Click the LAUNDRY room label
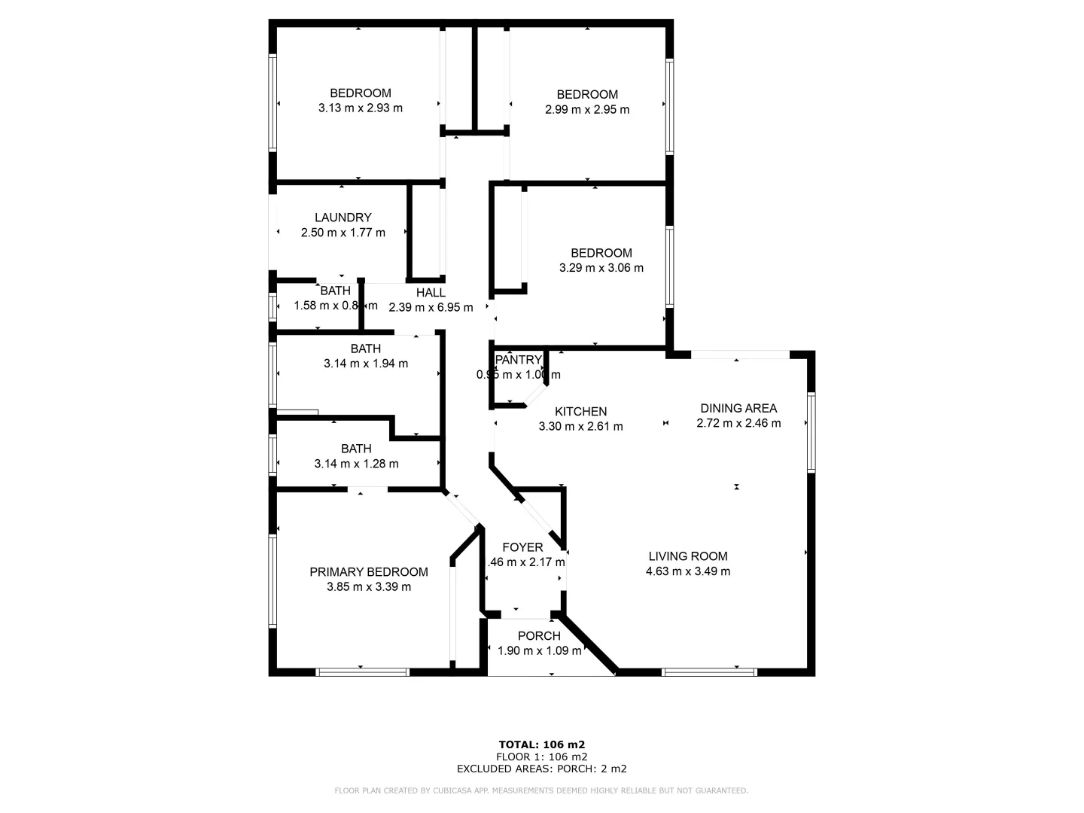[x=343, y=218]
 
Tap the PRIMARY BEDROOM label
[x=369, y=572]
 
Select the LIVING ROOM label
[x=688, y=556]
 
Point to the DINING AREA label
[x=738, y=408]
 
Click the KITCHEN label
[x=580, y=412]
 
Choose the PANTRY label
[x=519, y=360]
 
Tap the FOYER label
[x=522, y=547]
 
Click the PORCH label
[x=539, y=636]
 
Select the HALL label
[x=431, y=292]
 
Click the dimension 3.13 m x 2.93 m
[x=361, y=108]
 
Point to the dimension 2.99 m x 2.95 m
[x=587, y=109]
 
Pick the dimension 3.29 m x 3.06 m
[x=601, y=267]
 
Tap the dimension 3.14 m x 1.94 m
[x=366, y=364]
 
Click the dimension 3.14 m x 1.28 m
[x=356, y=464]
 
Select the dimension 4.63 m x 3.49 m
[x=688, y=571]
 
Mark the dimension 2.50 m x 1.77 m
[x=343, y=233]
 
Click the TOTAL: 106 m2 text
[x=542, y=744]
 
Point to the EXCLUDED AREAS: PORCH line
[x=542, y=769]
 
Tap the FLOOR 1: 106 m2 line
[x=542, y=757]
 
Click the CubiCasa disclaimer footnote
[x=542, y=790]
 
